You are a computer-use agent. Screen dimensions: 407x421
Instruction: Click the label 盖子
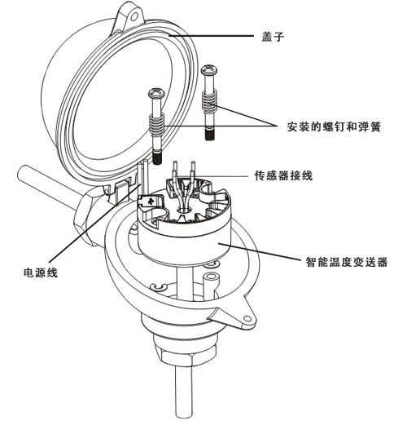point(273,37)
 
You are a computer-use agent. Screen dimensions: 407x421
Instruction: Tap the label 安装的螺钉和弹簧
point(334,127)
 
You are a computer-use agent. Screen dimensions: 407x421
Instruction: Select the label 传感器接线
point(283,175)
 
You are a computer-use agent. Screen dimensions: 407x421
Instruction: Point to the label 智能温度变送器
point(347,262)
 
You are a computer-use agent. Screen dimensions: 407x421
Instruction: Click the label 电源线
point(41,273)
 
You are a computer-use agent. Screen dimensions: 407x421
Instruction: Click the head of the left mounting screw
point(156,93)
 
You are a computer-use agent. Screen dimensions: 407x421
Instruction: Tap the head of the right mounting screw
point(209,70)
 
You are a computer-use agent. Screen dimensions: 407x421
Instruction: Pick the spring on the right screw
point(209,99)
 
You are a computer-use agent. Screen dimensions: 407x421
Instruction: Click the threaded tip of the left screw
point(157,158)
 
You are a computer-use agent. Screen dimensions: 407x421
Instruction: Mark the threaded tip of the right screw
point(209,135)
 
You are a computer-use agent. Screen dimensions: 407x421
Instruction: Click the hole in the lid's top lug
point(133,17)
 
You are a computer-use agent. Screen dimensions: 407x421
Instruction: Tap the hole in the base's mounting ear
point(247,318)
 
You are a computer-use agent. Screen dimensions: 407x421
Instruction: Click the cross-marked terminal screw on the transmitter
point(150,202)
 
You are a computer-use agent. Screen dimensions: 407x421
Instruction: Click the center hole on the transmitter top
point(184,210)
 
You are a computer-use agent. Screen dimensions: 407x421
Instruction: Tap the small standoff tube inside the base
point(211,284)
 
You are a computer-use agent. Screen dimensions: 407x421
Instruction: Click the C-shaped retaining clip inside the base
point(159,287)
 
